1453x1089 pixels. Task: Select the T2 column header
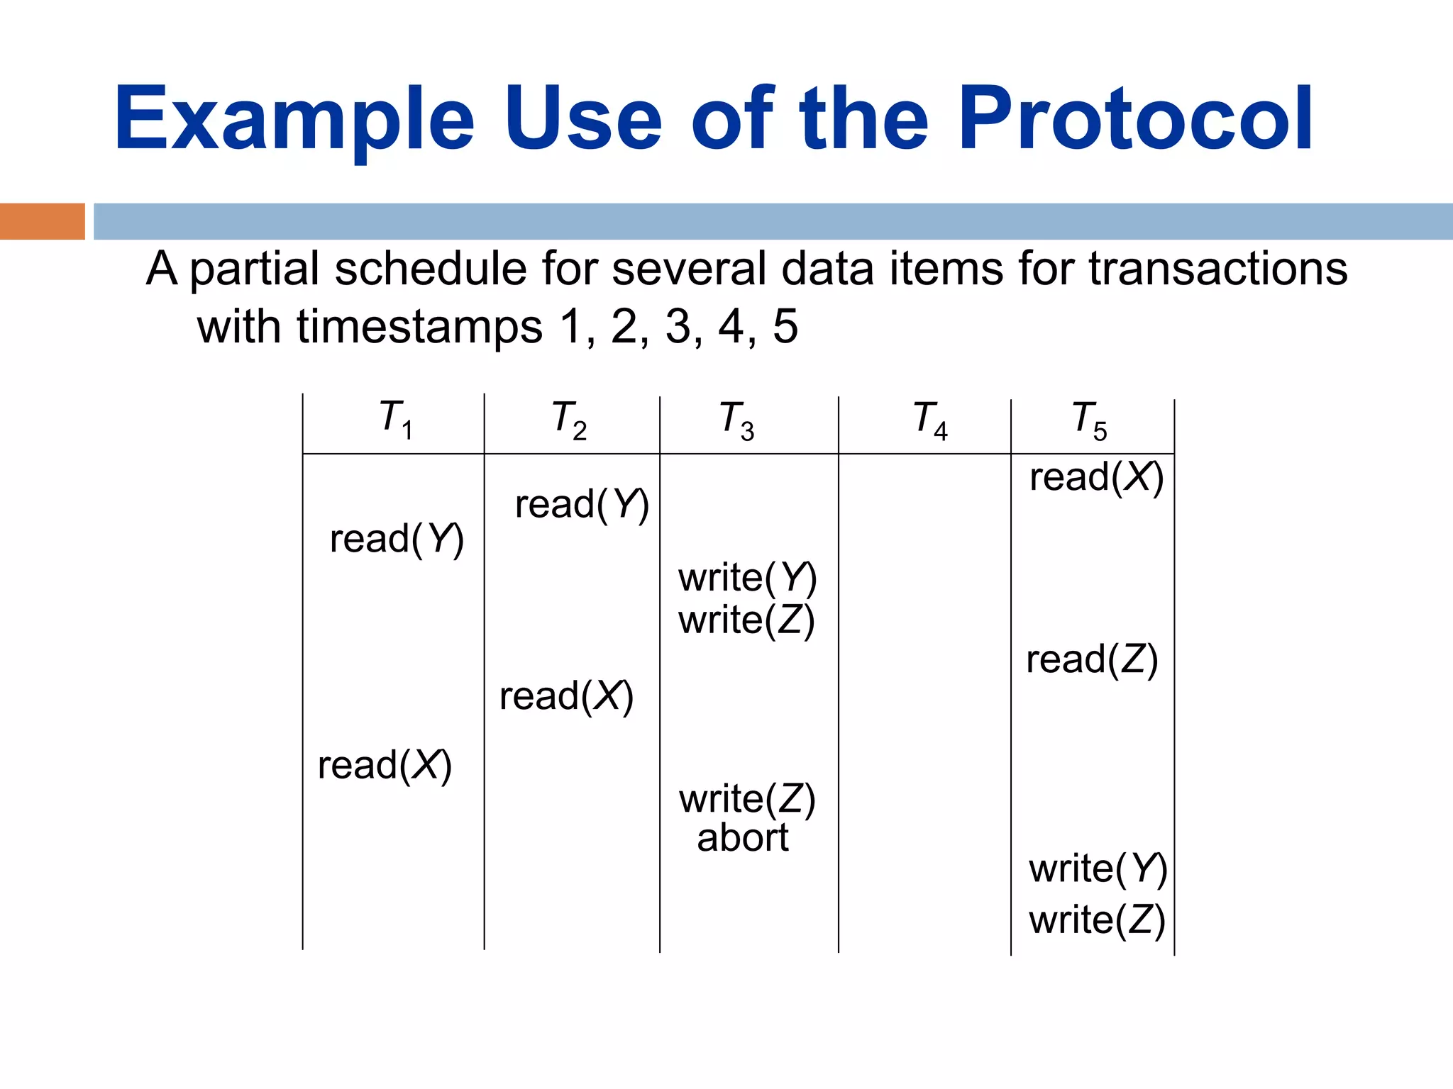570,420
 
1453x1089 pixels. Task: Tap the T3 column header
737,421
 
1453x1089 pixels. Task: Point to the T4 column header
930,421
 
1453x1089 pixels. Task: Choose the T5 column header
1090,421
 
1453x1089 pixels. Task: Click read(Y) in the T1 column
397,540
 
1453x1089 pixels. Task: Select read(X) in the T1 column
385,766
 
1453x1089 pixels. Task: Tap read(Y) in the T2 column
582,505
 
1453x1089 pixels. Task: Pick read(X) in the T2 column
566,696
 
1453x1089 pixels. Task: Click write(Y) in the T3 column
748,578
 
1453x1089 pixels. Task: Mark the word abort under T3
743,838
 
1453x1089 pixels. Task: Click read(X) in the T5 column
1096,477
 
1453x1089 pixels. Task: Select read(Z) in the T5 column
1092,660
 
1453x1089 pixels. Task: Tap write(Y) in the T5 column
1098,869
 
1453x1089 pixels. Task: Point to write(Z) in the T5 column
1097,920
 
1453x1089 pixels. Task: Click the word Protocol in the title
1135,119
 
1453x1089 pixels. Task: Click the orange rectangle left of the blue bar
42,221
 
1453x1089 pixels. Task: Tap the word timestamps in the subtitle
419,327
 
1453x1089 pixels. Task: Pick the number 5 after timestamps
785,327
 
